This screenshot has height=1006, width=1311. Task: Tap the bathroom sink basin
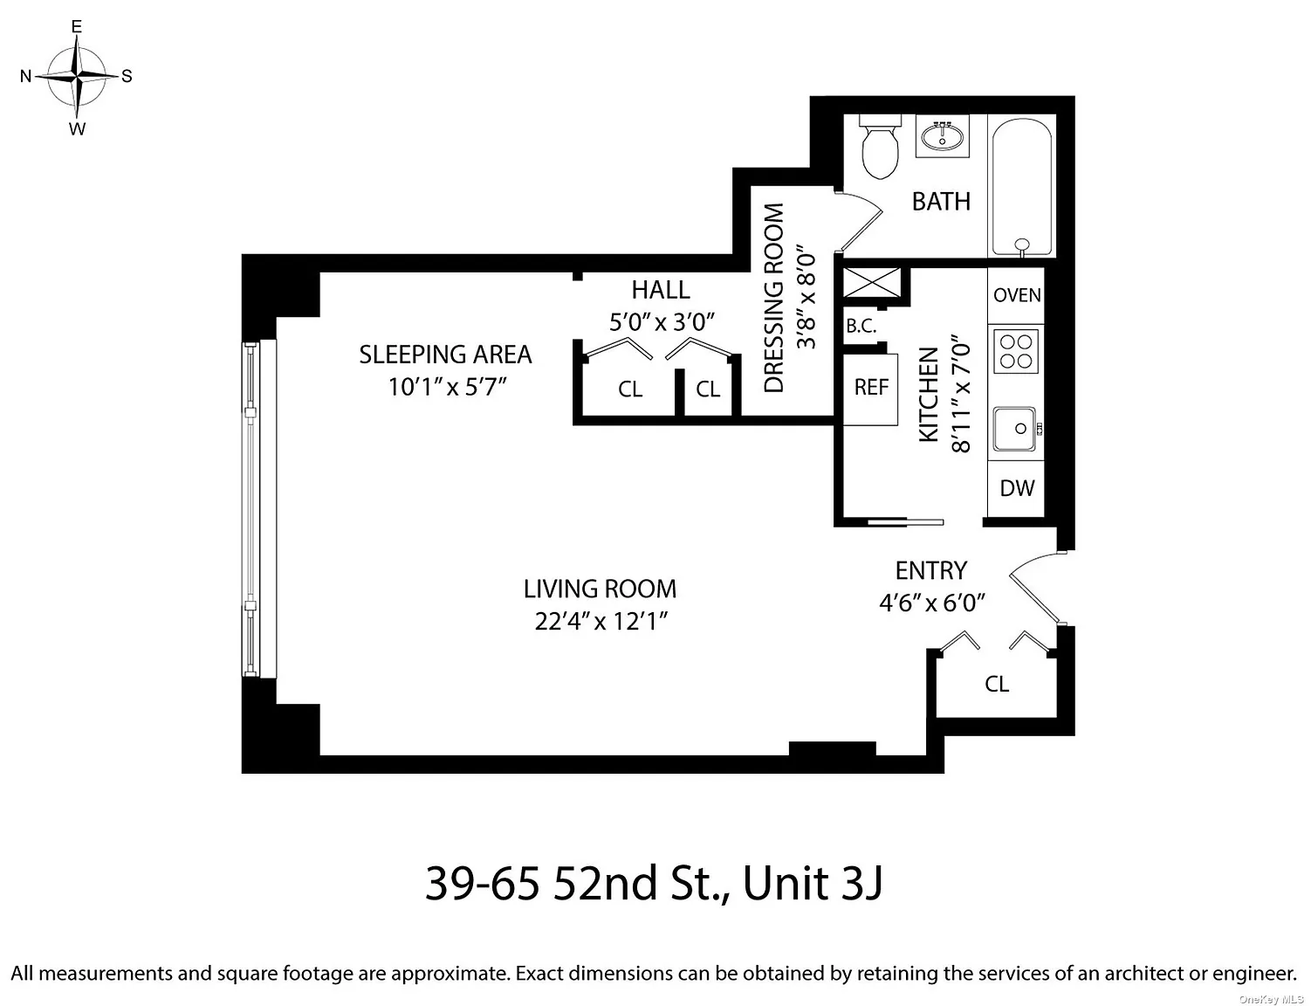pos(942,135)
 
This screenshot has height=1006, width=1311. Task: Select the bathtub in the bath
pos(1022,187)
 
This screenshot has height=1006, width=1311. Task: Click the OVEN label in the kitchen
pos(1017,295)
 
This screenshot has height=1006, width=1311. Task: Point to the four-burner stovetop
pos(1016,351)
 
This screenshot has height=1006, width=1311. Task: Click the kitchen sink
pos(1015,429)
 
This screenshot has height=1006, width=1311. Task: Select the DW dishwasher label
pos(1017,487)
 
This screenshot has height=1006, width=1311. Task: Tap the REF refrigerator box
pos(870,389)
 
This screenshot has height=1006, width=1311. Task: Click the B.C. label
pos(861,326)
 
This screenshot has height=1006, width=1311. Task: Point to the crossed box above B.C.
pos(872,282)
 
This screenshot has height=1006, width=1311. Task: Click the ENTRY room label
pos(931,570)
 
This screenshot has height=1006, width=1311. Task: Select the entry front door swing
pos(1035,588)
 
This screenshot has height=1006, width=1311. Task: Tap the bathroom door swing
pos(861,221)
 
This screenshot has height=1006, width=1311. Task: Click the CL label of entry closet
pos(997,685)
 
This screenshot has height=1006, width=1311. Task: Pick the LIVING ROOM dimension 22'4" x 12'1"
pos(601,621)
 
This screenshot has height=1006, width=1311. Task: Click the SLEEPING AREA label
pos(445,355)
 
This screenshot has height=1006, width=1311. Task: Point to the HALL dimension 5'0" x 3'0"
pos(662,322)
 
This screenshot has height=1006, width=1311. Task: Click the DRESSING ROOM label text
pos(773,298)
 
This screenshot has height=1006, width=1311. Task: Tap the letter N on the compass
pos(25,76)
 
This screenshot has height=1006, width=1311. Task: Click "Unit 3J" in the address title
pos(813,884)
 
